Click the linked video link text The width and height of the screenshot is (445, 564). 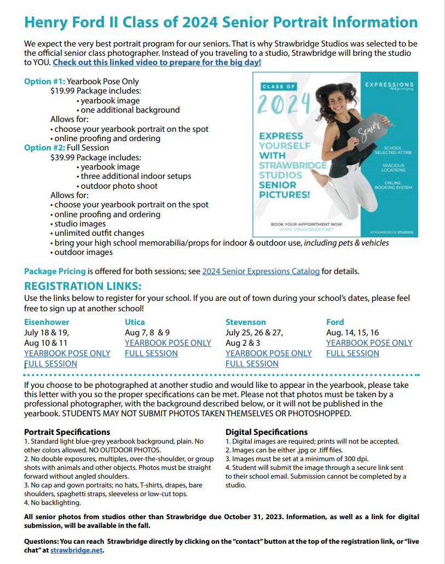(157, 62)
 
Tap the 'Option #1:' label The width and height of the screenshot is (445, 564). (44, 82)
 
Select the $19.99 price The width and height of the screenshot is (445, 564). (62, 91)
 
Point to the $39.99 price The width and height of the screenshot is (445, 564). (62, 157)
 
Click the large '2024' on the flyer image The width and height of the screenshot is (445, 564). (284, 104)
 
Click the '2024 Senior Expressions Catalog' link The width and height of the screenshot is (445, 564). (261, 271)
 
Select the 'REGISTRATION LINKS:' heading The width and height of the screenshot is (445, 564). (83, 286)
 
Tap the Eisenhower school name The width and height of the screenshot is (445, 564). (47, 322)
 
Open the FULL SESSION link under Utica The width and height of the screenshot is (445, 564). (151, 353)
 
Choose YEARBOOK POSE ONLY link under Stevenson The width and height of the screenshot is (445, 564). (268, 353)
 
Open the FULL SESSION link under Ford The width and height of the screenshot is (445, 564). (352, 353)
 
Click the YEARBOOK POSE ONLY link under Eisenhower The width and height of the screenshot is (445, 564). (67, 353)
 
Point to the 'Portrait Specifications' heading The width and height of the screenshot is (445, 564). (67, 432)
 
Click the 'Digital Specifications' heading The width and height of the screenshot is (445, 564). (267, 432)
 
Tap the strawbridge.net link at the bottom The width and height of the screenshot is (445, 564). (77, 550)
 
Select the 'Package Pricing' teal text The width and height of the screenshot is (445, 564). (55, 271)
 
